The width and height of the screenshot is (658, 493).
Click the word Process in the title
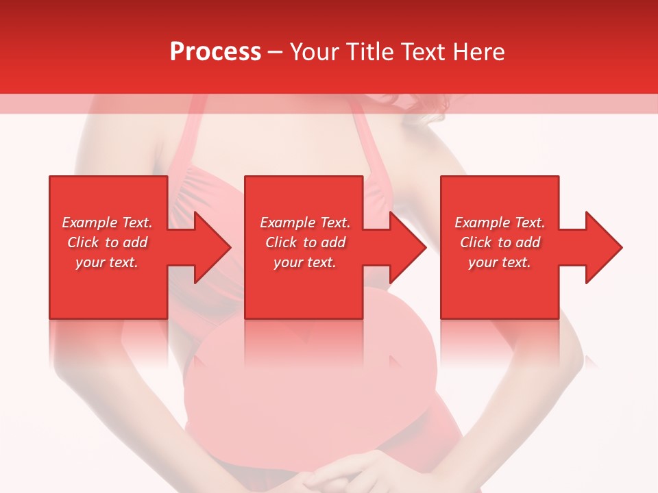point(215,52)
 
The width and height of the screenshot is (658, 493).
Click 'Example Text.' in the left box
point(107,223)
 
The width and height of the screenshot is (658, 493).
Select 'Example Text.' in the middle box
point(305,223)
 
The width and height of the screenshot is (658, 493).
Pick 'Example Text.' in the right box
point(500,223)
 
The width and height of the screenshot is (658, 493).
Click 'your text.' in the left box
point(107,262)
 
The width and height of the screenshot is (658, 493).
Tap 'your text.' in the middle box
point(305,262)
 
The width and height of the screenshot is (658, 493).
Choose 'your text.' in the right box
point(500,262)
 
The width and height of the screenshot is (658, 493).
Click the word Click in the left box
point(83,242)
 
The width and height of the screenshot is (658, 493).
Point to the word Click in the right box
point(476,242)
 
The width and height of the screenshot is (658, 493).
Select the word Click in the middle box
point(281,242)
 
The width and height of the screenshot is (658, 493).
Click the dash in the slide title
point(275,53)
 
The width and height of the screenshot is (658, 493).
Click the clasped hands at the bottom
point(343,476)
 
